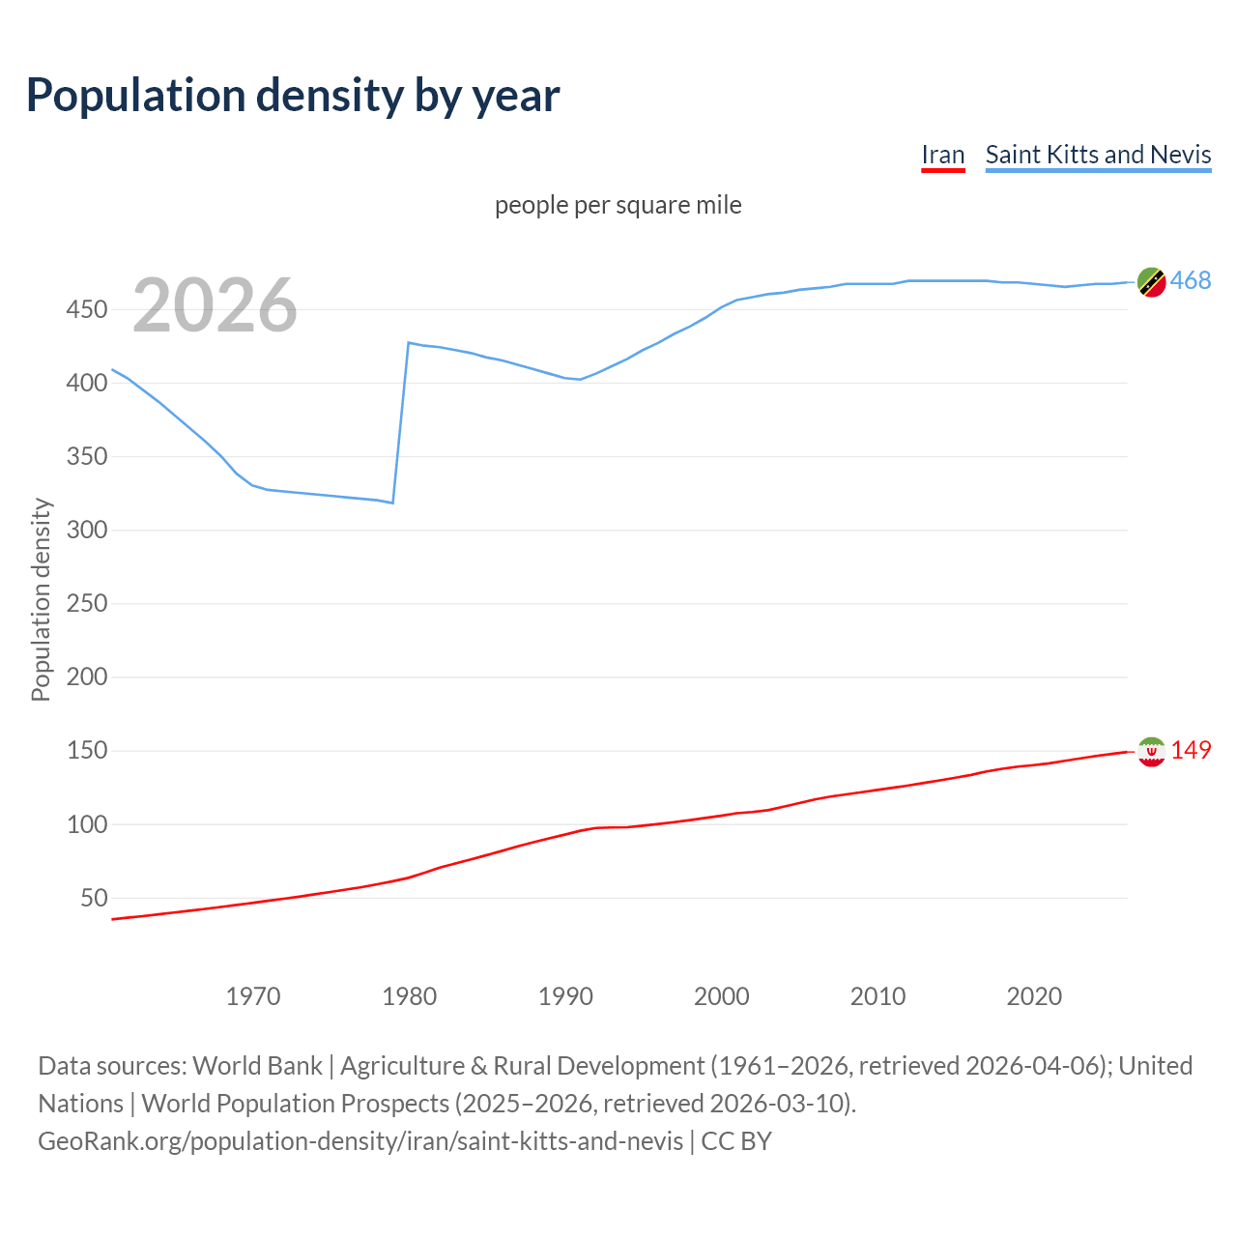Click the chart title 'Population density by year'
293,96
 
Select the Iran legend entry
942,155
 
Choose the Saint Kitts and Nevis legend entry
1098,155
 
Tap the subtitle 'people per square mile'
618,205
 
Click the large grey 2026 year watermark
215,305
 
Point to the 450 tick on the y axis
86,310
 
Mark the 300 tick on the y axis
86,531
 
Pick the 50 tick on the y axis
94,899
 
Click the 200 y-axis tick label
86,677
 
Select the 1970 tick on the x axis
253,996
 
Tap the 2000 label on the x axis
721,996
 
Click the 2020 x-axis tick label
1034,996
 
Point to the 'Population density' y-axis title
41,599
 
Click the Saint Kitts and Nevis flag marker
1151,281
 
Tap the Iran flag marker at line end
1151,751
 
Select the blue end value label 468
1191,281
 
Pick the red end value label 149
1191,751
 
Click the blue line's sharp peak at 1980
409,343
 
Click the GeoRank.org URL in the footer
360,1141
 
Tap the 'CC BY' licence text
736,1141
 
